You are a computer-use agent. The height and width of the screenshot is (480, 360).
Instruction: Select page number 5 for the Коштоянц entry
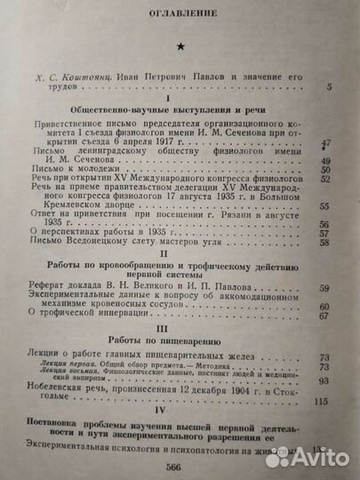pyautogui.click(x=330, y=85)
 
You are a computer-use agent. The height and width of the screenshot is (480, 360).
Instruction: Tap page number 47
pyautogui.click(x=327, y=142)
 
